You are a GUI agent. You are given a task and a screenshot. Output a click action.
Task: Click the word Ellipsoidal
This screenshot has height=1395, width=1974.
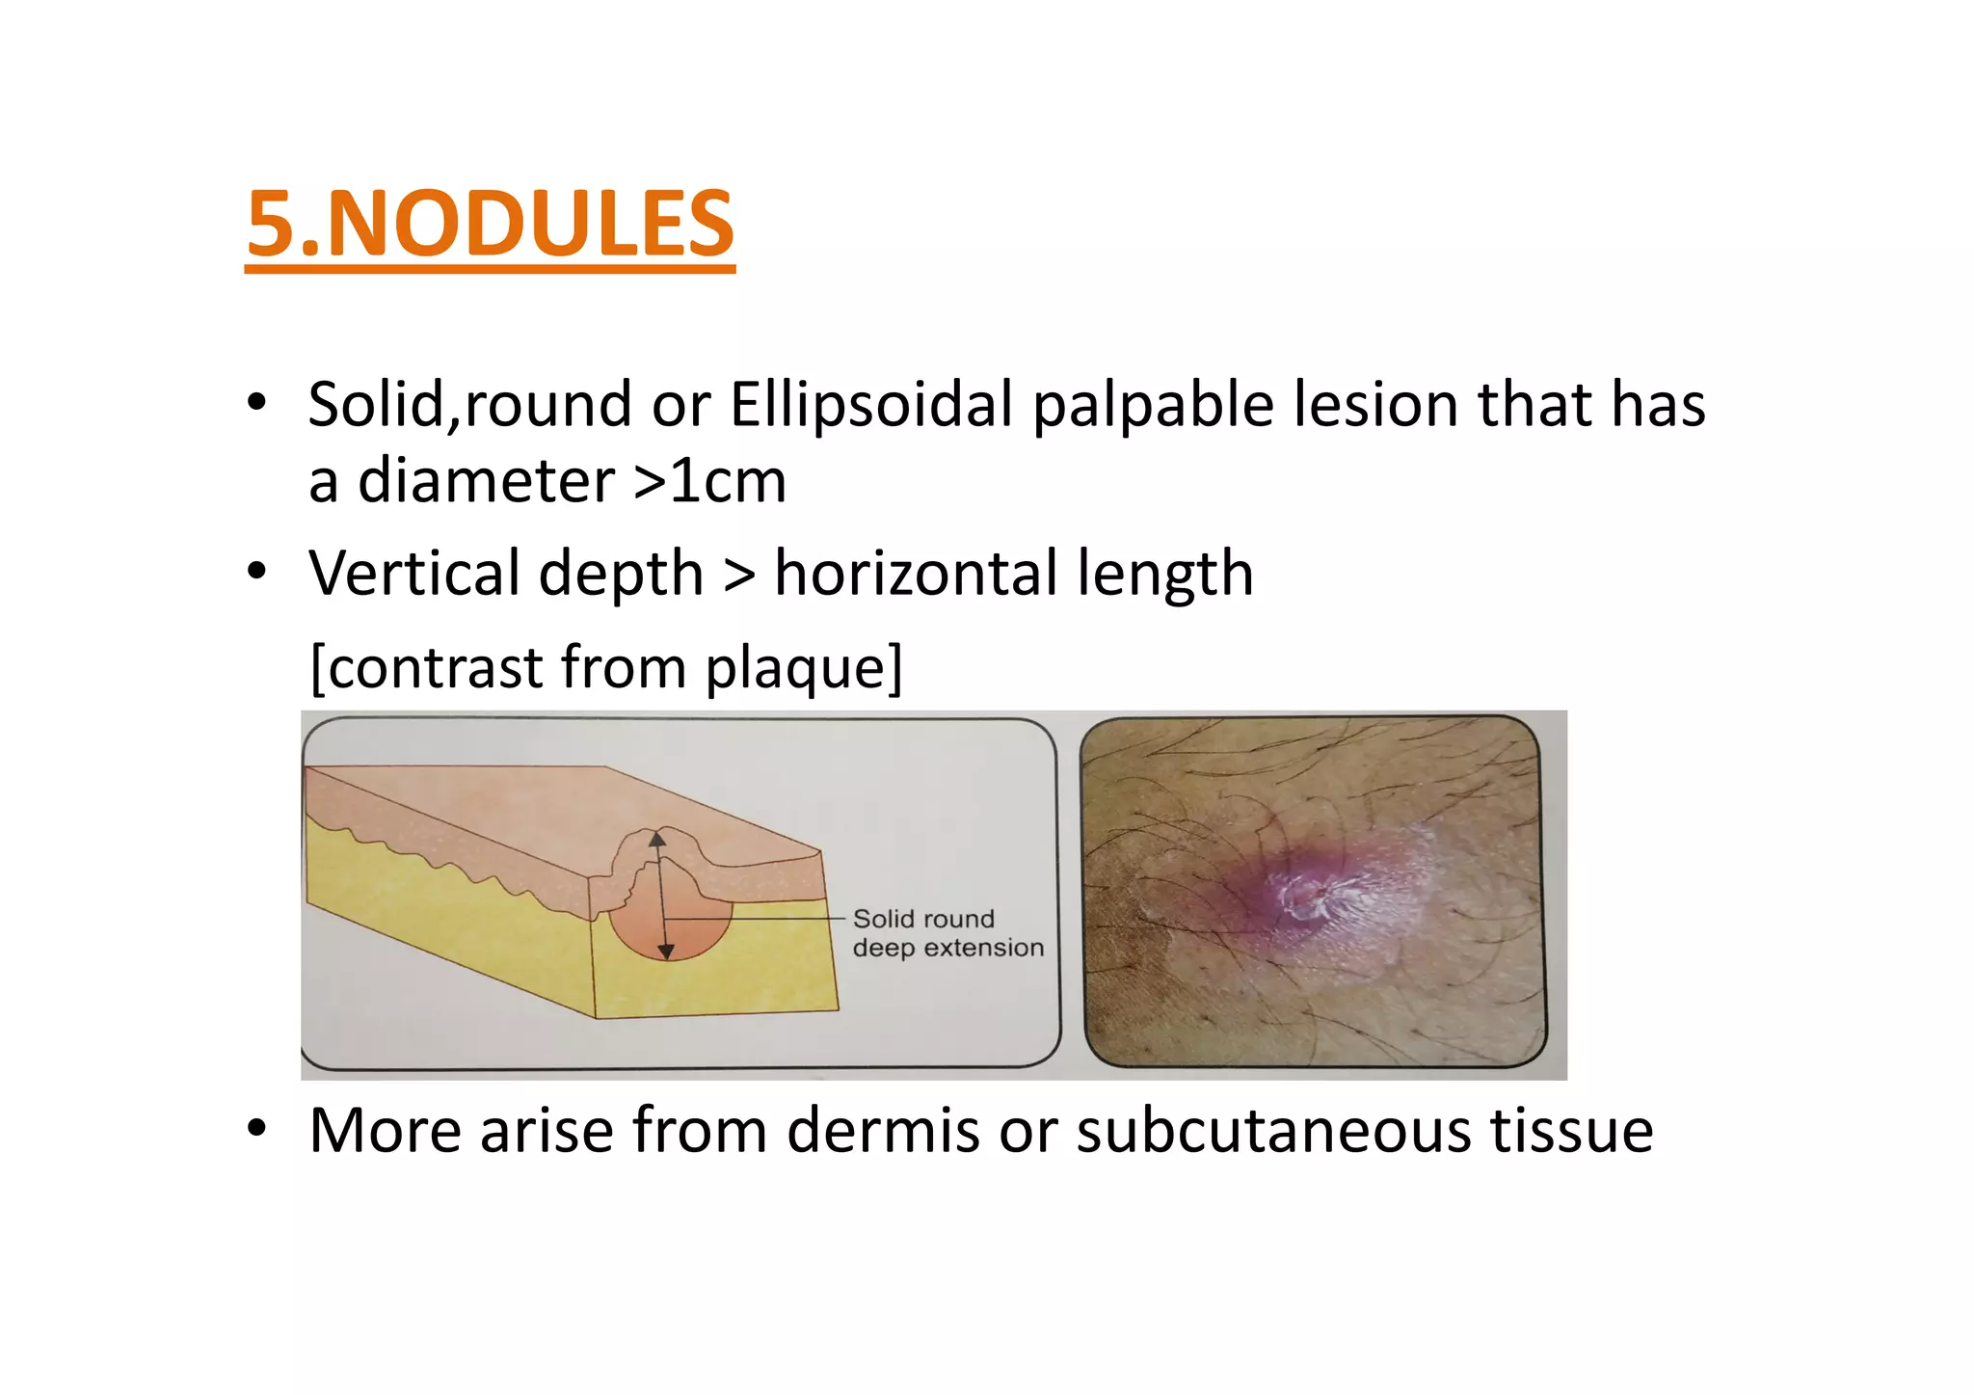(870, 404)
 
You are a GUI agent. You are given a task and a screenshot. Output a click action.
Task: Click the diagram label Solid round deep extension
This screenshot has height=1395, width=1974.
(947, 933)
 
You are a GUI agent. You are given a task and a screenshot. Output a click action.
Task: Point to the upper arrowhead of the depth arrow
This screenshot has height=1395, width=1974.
(657, 839)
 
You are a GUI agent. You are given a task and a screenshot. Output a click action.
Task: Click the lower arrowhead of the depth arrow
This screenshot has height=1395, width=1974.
(665, 952)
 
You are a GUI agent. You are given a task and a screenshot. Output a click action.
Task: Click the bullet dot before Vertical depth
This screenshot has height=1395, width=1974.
(256, 572)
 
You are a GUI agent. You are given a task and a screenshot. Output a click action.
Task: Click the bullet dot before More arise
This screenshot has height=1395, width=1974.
(256, 1128)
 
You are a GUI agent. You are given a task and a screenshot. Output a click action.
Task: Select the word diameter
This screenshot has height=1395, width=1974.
(486, 481)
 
